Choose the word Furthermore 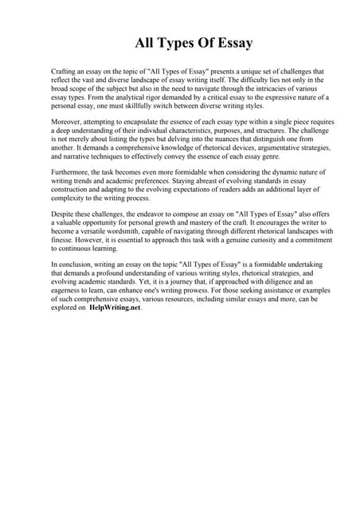pyautogui.click(x=72, y=172)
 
